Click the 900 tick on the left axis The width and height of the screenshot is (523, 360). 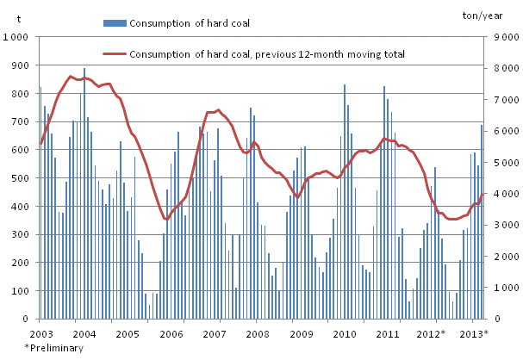[x=19, y=65]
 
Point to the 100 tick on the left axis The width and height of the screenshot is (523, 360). [x=19, y=291]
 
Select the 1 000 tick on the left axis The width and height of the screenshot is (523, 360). [x=16, y=38]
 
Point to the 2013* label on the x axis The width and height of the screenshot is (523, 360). [x=473, y=333]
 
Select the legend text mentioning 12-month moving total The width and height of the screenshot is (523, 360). [x=266, y=54]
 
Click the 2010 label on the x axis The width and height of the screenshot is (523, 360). [x=345, y=333]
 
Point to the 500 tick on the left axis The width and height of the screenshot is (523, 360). [x=19, y=178]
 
